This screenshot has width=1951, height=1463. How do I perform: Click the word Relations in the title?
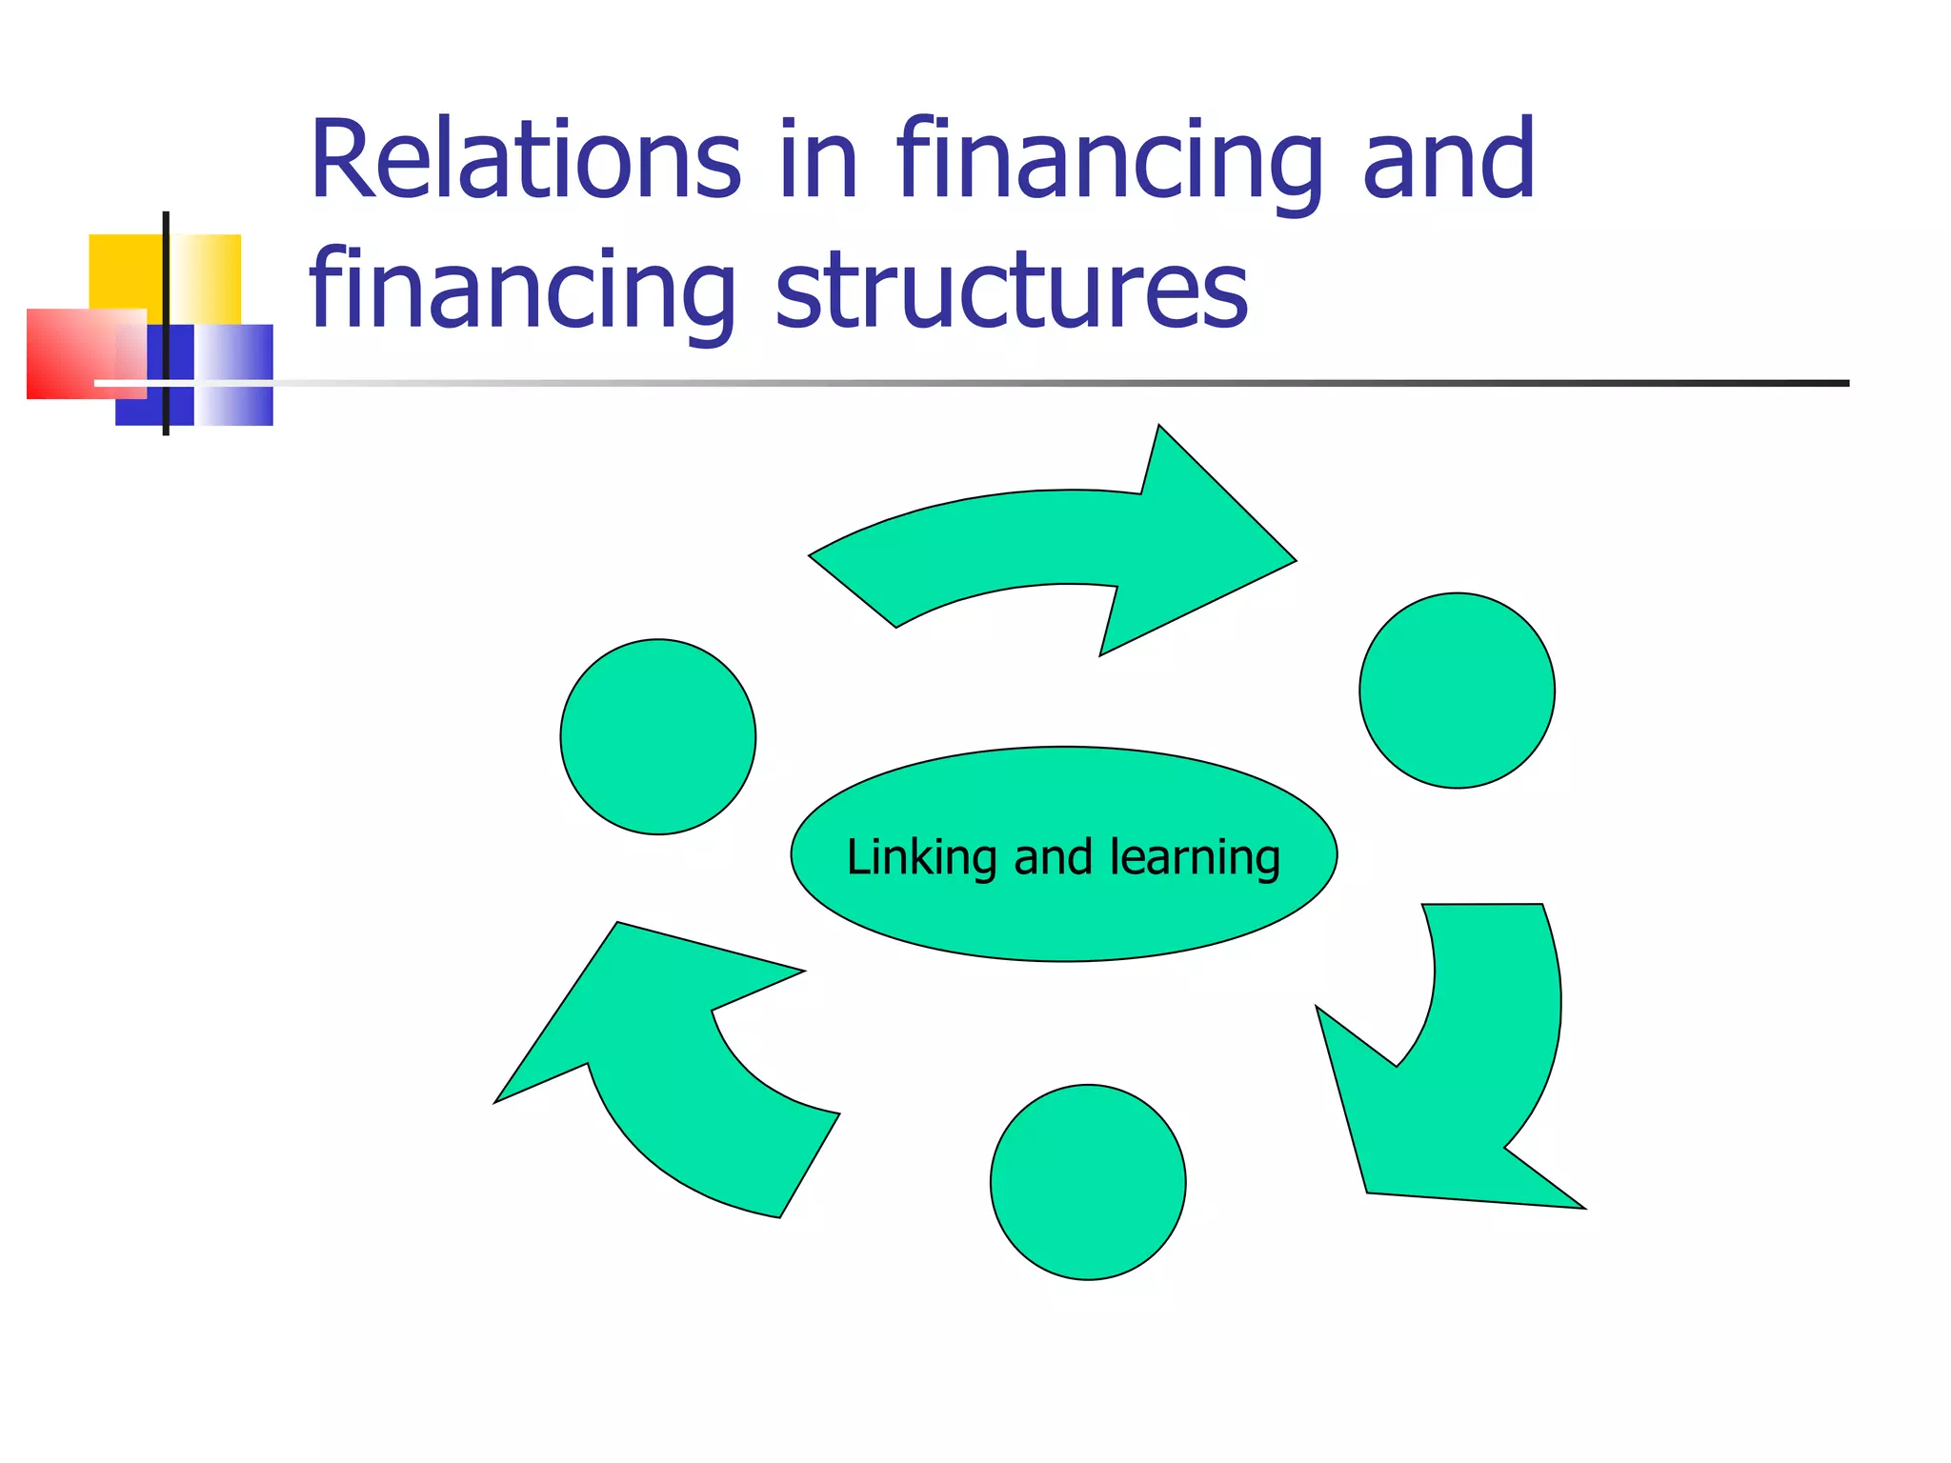525,160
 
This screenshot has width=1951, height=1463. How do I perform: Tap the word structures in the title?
1012,291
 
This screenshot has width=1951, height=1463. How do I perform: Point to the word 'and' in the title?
1449,160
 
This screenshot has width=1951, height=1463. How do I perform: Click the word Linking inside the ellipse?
921,857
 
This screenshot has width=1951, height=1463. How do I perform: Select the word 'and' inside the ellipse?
1053,857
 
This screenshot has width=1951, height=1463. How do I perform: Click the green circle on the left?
658,737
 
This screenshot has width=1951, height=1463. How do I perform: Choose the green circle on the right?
1457,691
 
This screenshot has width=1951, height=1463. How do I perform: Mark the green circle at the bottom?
1088,1182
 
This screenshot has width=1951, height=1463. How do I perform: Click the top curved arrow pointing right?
1067,548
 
